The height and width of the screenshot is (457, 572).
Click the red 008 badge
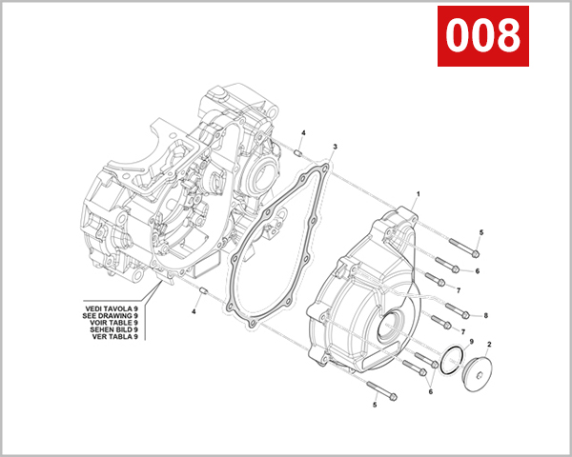point(483,36)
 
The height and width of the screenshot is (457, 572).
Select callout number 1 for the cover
point(417,193)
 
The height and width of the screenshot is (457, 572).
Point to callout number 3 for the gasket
point(335,149)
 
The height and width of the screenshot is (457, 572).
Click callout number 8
point(485,315)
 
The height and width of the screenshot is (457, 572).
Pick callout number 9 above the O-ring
point(471,341)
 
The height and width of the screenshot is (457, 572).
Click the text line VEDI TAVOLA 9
point(112,308)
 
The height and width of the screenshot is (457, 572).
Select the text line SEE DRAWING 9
point(112,315)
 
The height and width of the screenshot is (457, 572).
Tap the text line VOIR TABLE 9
point(112,323)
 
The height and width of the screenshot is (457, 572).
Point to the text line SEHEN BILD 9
point(112,329)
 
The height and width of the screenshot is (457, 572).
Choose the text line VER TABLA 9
point(112,337)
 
